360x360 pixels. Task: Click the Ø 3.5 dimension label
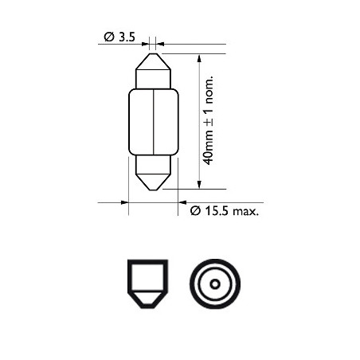pyautogui.click(x=119, y=37)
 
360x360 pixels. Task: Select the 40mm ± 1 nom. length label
pyautogui.click(x=208, y=120)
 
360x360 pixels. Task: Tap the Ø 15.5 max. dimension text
pyautogui.click(x=225, y=211)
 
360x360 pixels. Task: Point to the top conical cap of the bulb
pyautogui.click(x=153, y=61)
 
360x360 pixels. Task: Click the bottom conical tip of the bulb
pyautogui.click(x=153, y=182)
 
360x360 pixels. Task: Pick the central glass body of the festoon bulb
pyautogui.click(x=154, y=122)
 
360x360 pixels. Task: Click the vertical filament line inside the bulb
pyautogui.click(x=154, y=122)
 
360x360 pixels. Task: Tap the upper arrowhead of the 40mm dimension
pyautogui.click(x=199, y=58)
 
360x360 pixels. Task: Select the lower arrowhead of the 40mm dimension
pyautogui.click(x=199, y=185)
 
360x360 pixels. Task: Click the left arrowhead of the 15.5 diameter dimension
pyautogui.click(x=124, y=202)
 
